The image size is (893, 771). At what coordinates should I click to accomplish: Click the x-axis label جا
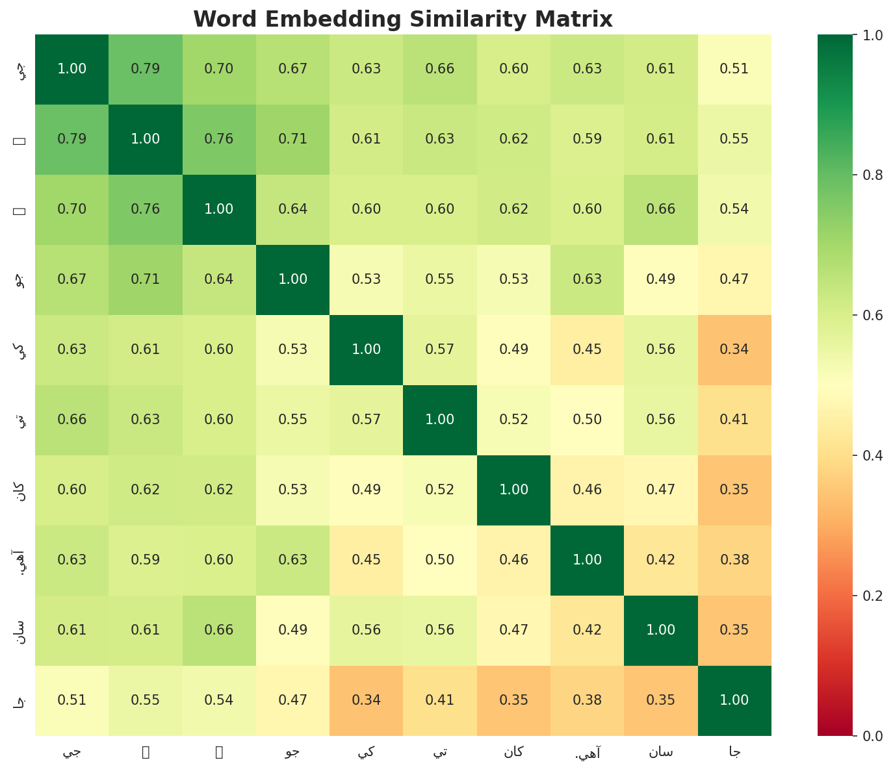click(x=735, y=752)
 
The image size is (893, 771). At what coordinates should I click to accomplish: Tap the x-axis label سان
click(x=661, y=752)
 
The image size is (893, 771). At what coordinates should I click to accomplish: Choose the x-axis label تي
click(x=440, y=752)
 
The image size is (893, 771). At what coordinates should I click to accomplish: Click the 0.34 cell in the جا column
click(x=735, y=349)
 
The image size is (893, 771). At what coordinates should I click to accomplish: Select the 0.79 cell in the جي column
click(x=71, y=139)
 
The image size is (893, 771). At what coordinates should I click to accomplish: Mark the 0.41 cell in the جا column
click(x=735, y=420)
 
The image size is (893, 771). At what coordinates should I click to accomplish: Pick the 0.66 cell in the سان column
click(x=661, y=209)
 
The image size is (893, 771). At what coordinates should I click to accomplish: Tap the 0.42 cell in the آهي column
click(x=588, y=630)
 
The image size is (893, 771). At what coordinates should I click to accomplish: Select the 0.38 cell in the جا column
click(x=735, y=560)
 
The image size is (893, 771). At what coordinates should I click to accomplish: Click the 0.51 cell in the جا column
click(x=735, y=69)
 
